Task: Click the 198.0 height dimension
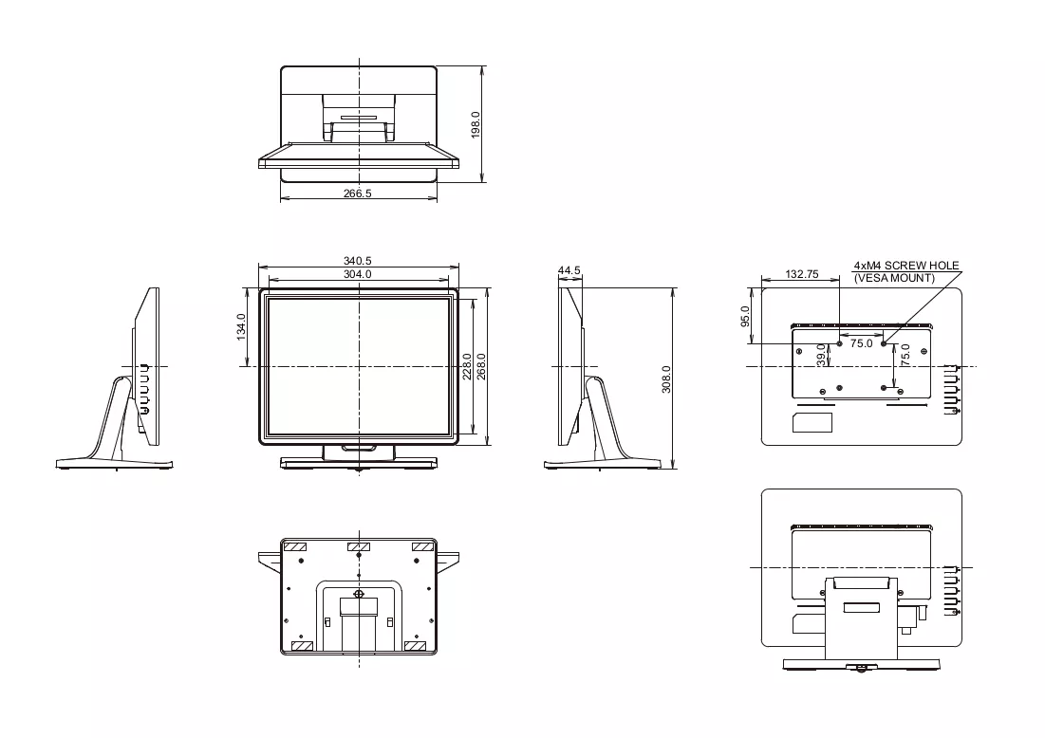coord(476,124)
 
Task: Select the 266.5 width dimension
coord(358,194)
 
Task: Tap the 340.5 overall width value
coord(358,261)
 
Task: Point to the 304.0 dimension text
coord(358,274)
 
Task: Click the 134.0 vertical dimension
coord(241,327)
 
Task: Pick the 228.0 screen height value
coord(467,366)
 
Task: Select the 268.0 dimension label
coord(481,366)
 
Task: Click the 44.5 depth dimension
coord(569,270)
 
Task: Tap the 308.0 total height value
coord(666,379)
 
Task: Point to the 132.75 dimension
coord(802,274)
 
